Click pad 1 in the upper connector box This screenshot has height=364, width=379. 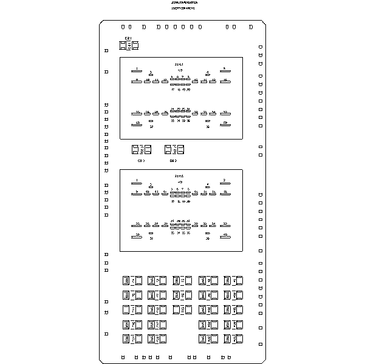(x=138, y=71)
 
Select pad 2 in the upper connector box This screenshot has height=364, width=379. (x=224, y=71)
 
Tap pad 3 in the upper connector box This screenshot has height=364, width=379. (x=151, y=75)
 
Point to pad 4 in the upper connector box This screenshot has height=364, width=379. (x=208, y=75)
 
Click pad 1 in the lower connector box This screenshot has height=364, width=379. (x=138, y=183)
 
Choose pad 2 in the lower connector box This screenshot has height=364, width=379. (x=224, y=183)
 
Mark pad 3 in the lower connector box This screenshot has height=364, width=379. (x=151, y=186)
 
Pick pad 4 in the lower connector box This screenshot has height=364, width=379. (x=208, y=186)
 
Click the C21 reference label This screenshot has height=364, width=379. (x=128, y=38)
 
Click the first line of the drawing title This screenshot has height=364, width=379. (x=183, y=2)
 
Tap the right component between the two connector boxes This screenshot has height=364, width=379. (x=174, y=149)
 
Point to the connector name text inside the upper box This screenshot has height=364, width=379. (x=179, y=63)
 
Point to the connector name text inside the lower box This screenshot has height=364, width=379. (x=179, y=175)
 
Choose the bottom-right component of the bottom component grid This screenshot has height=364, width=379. (x=232, y=338)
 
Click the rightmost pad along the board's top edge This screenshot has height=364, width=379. (x=250, y=27)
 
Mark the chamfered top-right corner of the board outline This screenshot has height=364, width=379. (x=264, y=23)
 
